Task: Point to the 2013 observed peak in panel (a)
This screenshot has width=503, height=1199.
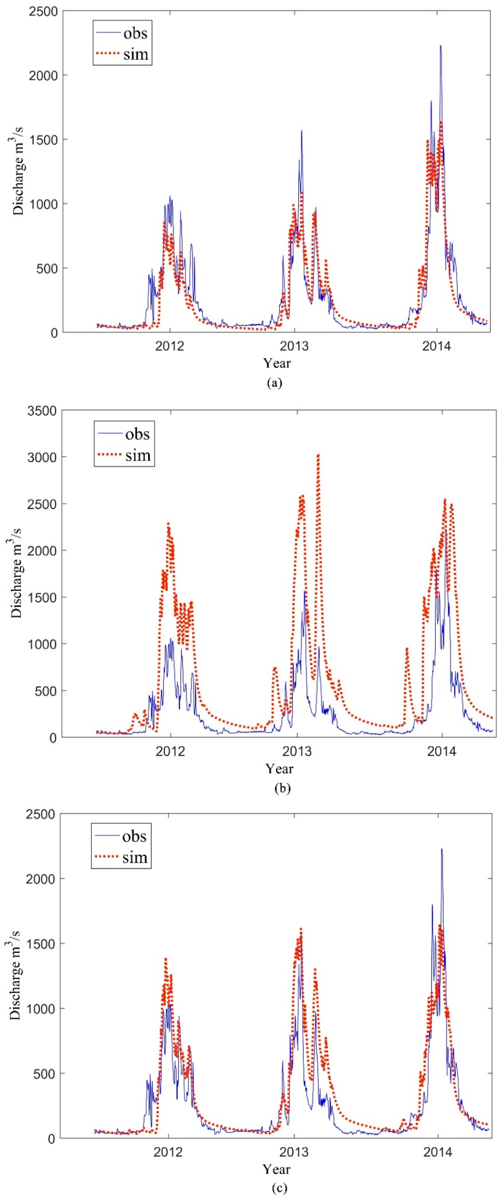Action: (301, 131)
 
